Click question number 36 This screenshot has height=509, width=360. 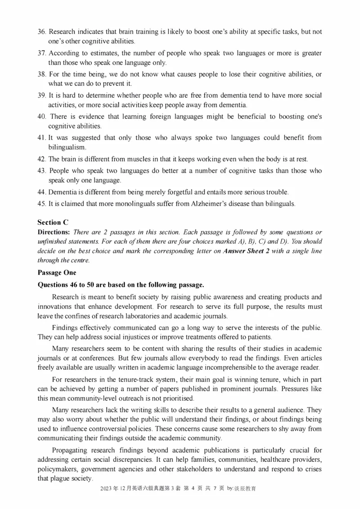42,32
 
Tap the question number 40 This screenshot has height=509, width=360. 42,116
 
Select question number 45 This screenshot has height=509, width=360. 42,204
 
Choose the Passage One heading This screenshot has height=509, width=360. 57,272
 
